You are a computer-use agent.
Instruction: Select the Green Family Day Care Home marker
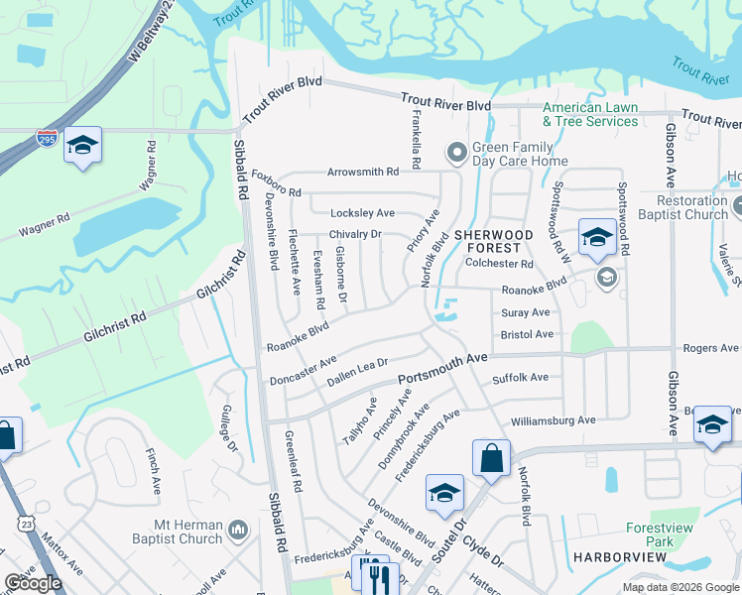pos(456,152)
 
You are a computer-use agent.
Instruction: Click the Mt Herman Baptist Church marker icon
pos(237,531)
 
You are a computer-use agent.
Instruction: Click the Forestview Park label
pos(659,536)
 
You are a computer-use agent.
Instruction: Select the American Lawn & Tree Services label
pos(589,114)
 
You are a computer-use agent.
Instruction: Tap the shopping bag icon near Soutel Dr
pos(491,458)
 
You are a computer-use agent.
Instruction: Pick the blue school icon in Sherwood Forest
pos(597,237)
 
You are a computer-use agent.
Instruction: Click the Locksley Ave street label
pos(362,213)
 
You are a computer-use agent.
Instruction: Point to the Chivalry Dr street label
pos(355,234)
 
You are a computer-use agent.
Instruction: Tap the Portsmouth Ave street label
pos(443,369)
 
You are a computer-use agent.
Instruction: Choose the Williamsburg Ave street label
pos(554,420)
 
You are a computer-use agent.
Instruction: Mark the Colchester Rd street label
pos(499,265)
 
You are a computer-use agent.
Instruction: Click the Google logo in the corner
pos(33,583)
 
